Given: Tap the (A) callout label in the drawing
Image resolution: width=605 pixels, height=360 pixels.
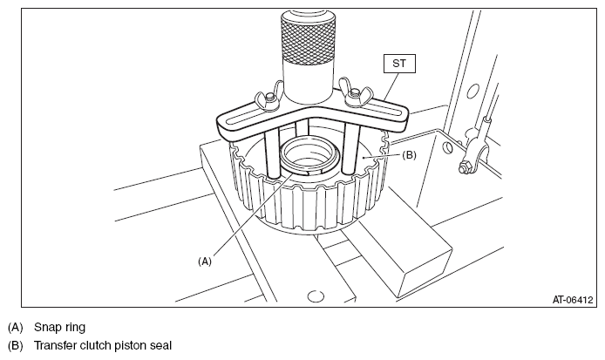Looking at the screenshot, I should [206, 259].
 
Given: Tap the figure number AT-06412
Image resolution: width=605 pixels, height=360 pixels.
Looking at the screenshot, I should [572, 298].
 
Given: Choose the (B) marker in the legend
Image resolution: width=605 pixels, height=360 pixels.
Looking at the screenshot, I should [14, 345].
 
